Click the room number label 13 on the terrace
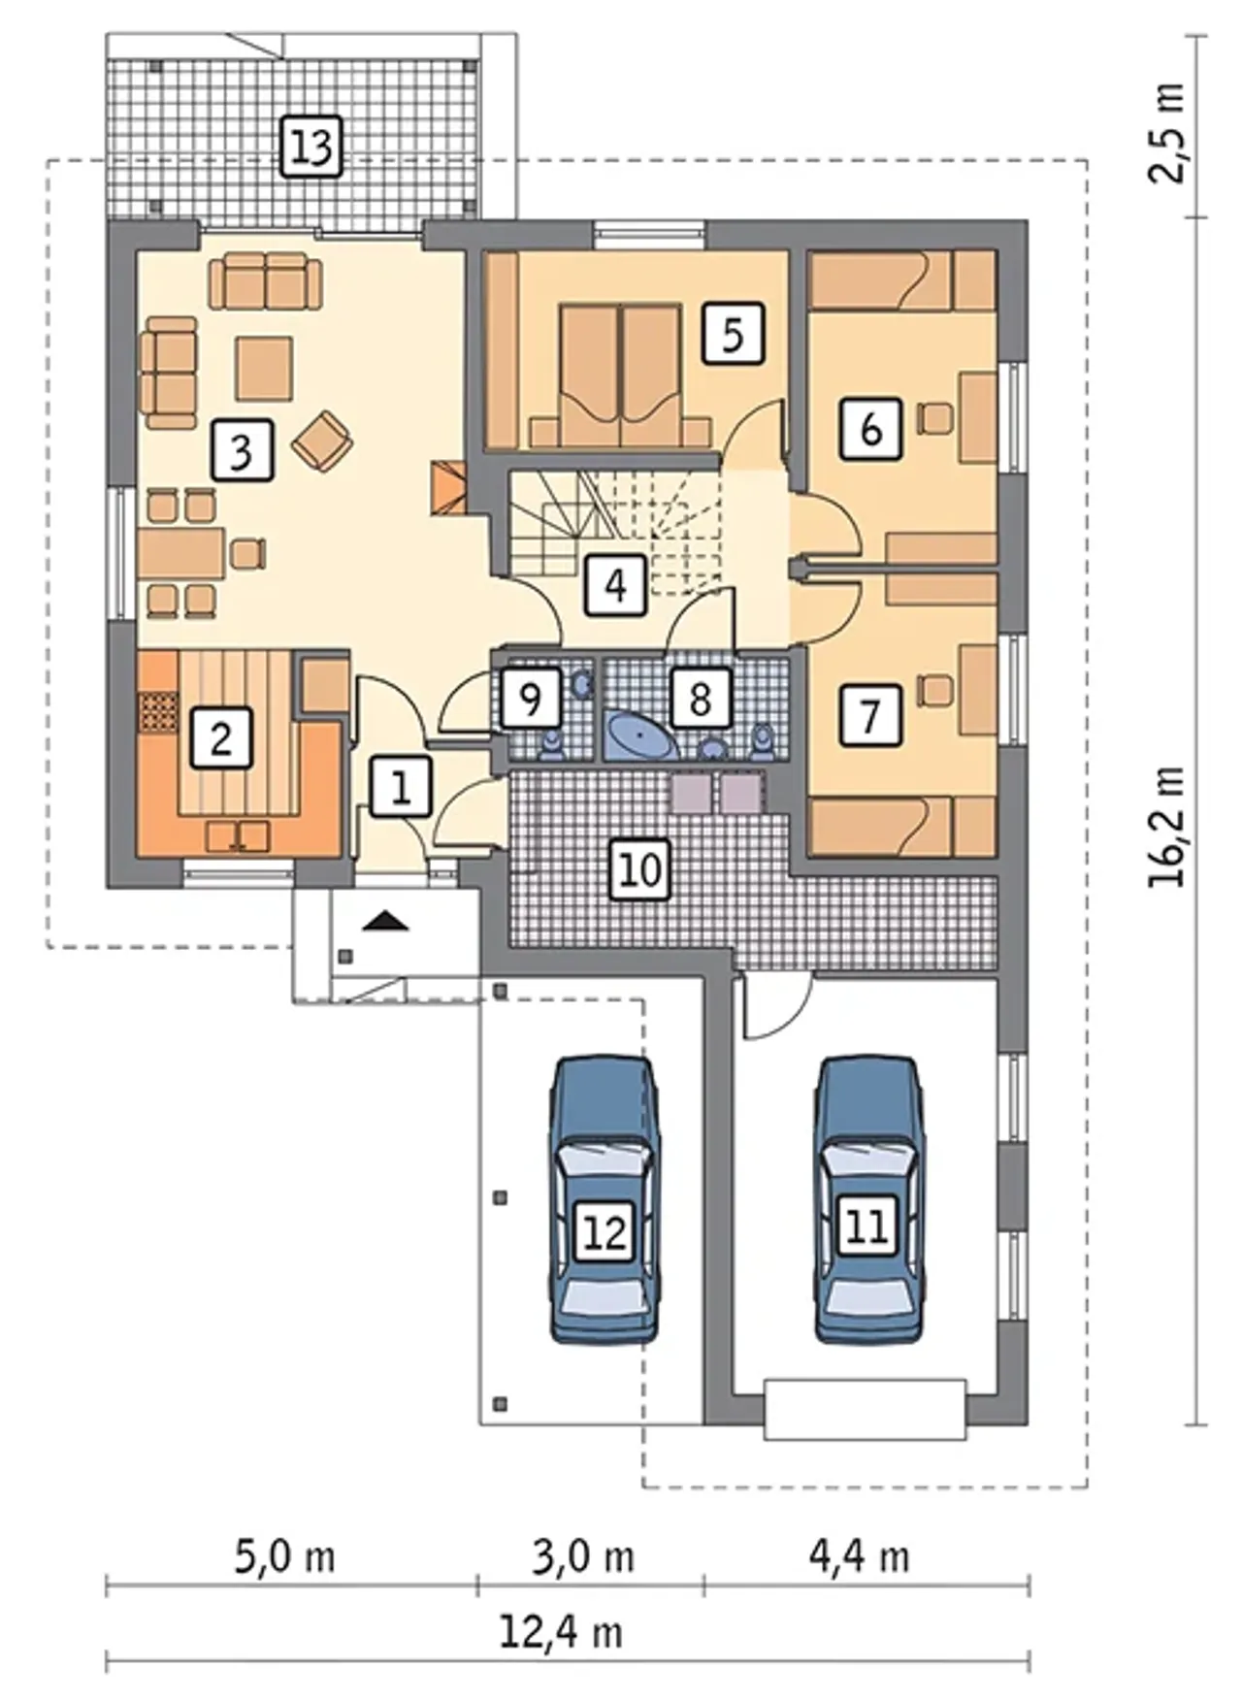(x=312, y=147)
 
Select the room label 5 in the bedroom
(x=733, y=334)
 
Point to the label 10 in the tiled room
(x=640, y=868)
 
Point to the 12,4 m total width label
(x=562, y=1632)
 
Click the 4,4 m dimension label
(x=860, y=1556)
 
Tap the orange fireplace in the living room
(x=447, y=487)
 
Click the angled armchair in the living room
(x=322, y=441)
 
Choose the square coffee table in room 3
(x=264, y=368)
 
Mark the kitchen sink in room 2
(x=239, y=834)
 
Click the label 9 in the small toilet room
(x=531, y=698)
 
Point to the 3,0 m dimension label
(x=584, y=1556)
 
